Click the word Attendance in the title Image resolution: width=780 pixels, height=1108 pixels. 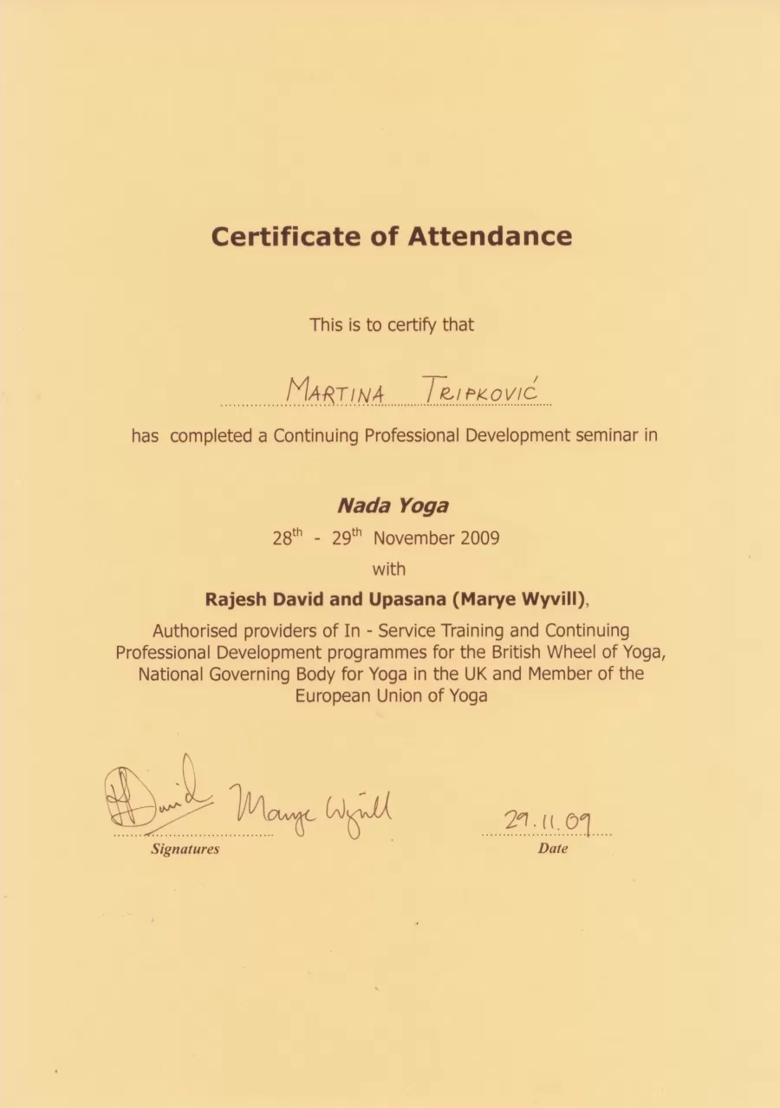490,237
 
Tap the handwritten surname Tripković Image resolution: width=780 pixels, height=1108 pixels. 481,393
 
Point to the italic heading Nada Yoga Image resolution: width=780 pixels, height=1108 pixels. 393,505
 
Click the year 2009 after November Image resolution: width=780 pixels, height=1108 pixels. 480,538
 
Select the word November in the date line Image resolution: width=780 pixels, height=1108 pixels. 415,538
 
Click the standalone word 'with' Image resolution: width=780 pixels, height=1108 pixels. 389,570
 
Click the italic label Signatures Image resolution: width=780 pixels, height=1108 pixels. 185,850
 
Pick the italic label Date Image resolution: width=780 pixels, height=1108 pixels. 553,850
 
